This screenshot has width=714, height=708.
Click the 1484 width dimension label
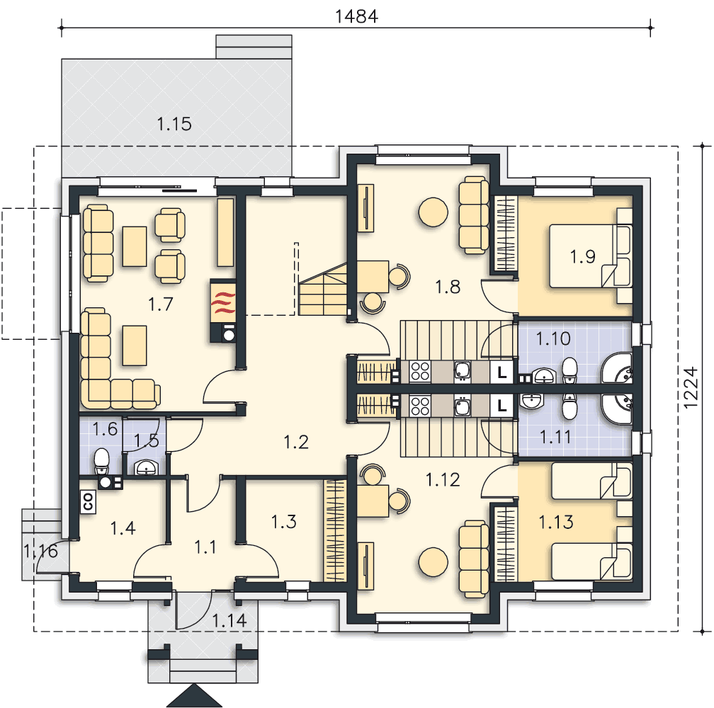(356, 16)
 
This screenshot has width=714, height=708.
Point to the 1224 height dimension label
(691, 387)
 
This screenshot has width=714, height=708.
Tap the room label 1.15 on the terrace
(174, 124)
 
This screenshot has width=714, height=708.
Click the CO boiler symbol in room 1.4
(87, 502)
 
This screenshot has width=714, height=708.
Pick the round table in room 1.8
(433, 212)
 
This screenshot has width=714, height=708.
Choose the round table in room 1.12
(433, 562)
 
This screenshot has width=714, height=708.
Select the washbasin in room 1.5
(146, 467)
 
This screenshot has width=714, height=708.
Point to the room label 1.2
(296, 442)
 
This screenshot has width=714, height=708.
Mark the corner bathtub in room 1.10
(617, 367)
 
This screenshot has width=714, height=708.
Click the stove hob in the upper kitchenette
(420, 371)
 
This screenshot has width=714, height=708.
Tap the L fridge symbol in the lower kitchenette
(501, 405)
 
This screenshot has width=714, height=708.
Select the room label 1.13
(556, 522)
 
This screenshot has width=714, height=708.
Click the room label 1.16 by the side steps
(40, 551)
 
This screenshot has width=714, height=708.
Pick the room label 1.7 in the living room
(160, 304)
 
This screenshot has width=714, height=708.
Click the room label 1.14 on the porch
(229, 620)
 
